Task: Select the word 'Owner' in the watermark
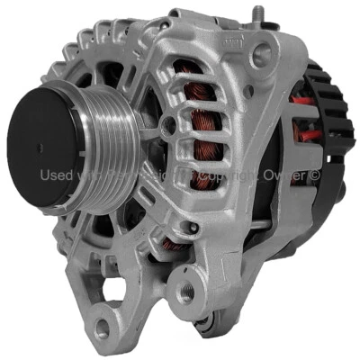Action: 286,175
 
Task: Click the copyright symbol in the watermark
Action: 314,175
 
